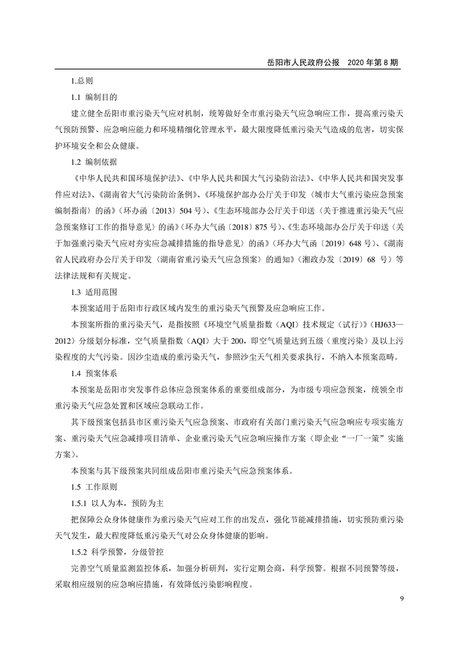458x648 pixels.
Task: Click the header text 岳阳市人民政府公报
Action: pyautogui.click(x=303, y=62)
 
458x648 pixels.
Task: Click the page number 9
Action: pyautogui.click(x=401, y=598)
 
